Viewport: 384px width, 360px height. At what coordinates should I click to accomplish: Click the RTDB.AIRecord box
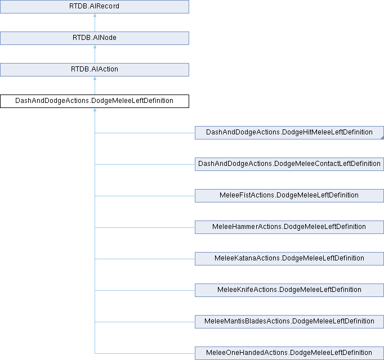pos(95,7)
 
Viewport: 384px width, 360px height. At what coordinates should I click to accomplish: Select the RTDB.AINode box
pos(95,38)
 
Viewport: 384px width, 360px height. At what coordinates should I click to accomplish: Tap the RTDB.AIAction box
pos(95,70)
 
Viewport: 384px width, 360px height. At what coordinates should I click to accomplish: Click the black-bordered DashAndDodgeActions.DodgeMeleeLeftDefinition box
pos(95,101)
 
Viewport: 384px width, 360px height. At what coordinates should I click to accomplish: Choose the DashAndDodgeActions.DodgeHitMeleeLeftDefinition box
pos(289,133)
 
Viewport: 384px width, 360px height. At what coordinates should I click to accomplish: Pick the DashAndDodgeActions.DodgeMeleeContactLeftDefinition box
pos(289,164)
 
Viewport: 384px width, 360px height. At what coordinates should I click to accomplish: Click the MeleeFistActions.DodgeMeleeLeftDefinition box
pos(289,196)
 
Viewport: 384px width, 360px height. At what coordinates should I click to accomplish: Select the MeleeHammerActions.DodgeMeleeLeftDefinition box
pos(289,227)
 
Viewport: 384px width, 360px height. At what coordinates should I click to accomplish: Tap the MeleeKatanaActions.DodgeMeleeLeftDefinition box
pos(289,259)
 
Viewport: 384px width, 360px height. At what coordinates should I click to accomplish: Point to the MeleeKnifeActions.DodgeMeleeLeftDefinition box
pos(289,290)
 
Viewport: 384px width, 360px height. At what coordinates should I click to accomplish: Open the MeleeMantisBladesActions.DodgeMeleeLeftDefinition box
pos(289,322)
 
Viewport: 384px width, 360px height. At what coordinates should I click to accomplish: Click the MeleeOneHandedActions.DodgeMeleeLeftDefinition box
pos(289,353)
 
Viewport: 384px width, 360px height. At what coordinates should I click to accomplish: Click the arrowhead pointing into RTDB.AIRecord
pos(95,15)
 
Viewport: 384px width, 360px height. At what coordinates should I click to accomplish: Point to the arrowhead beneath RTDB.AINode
pos(95,47)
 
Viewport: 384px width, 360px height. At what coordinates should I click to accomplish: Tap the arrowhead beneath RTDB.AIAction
pos(95,78)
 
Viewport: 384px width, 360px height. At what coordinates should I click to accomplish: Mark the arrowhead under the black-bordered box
pos(95,110)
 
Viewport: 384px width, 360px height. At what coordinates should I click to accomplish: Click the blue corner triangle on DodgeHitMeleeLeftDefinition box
pos(382,138)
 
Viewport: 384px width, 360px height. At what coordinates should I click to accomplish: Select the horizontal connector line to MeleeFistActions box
pos(145,196)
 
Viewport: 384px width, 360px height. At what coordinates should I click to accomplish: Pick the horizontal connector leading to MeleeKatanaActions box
pos(145,259)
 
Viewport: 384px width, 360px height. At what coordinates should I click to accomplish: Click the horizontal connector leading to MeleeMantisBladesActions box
pos(145,322)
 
